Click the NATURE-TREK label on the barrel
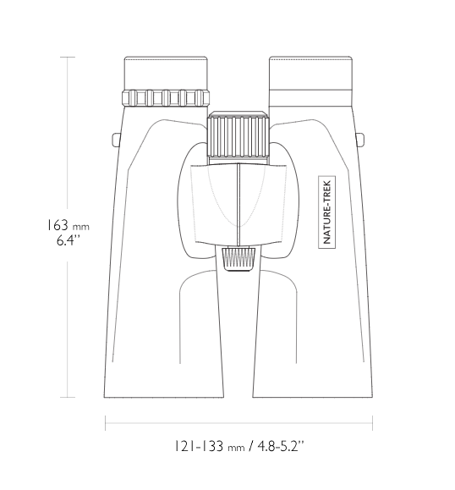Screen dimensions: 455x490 tap(326, 212)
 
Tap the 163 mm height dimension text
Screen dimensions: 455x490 tap(68, 226)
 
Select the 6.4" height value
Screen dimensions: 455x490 tap(69, 240)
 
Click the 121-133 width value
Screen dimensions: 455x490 tap(198, 446)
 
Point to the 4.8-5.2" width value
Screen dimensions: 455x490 tap(281, 446)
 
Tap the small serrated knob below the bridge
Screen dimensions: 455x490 tap(238, 258)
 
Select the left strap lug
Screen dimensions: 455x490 tap(116, 140)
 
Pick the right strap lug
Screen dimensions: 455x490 tap(359, 140)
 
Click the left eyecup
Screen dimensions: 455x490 tap(166, 74)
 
